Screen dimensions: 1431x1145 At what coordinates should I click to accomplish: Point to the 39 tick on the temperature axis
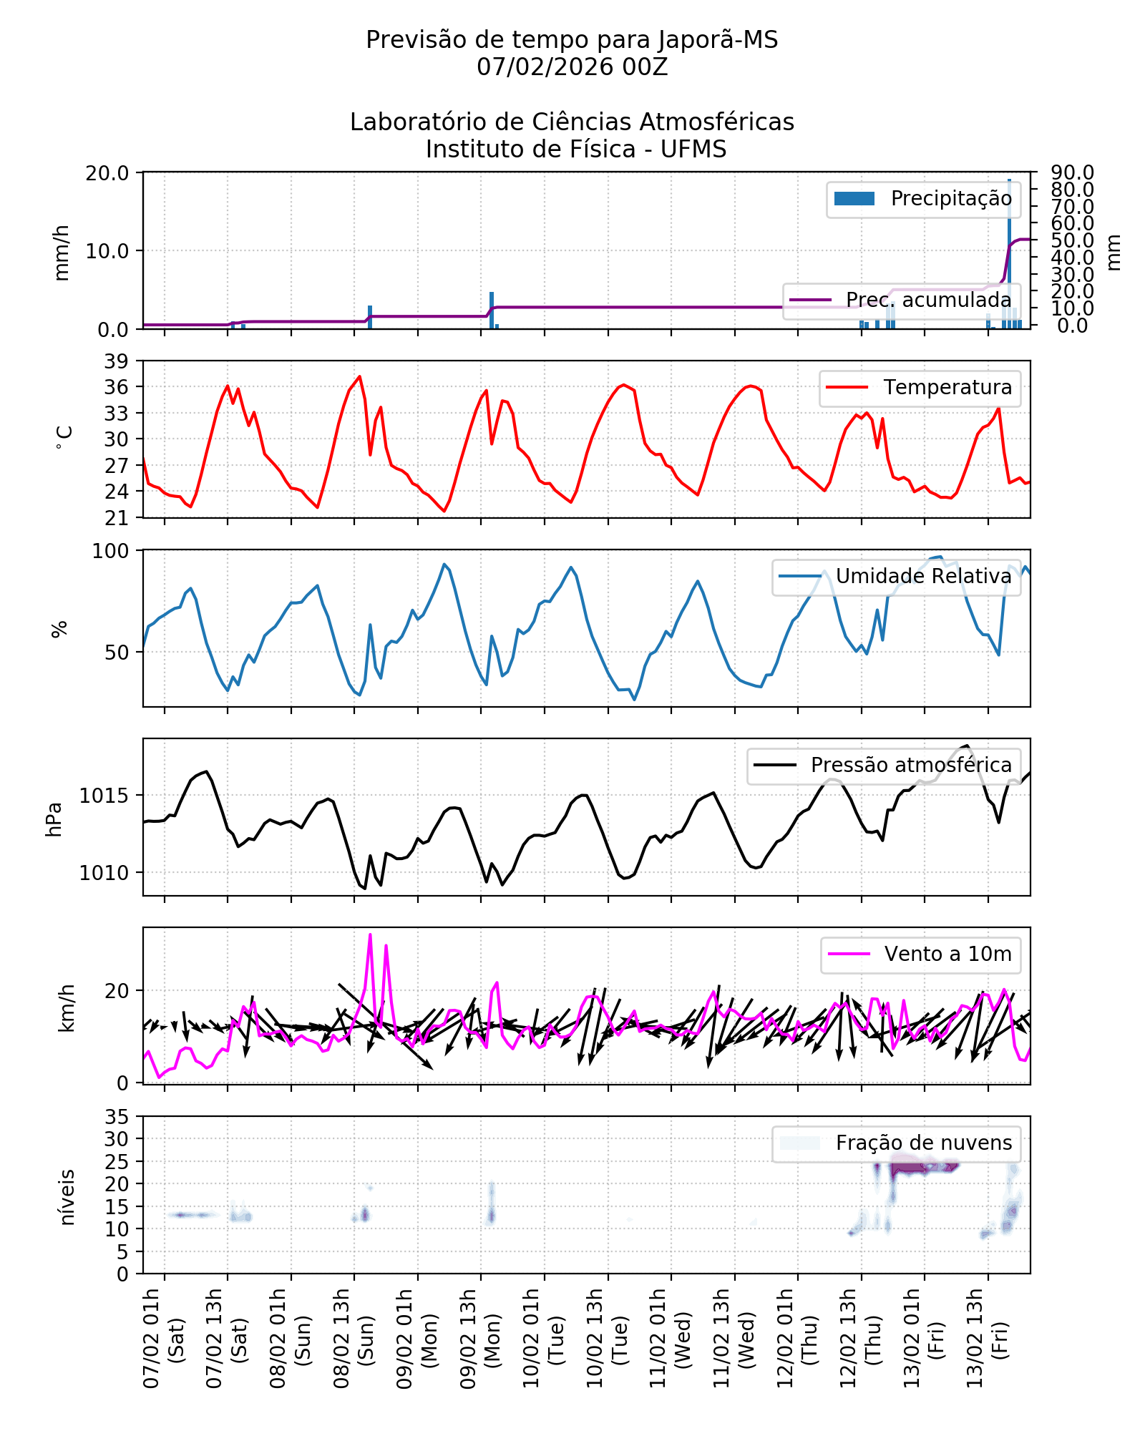pos(117,361)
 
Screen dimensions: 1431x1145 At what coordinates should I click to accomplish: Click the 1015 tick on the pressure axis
pos(104,796)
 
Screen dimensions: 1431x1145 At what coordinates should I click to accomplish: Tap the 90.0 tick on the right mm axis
pos(1072,173)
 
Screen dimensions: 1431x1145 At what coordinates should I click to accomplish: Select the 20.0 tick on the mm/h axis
pos(107,173)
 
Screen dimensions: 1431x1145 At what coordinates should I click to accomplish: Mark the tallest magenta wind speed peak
pos(370,934)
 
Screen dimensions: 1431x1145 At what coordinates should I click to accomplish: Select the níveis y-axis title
pos(67,1197)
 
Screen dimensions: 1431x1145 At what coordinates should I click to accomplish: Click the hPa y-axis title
pos(54,819)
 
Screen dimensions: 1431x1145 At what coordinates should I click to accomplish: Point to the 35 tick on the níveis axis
pos(117,1117)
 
